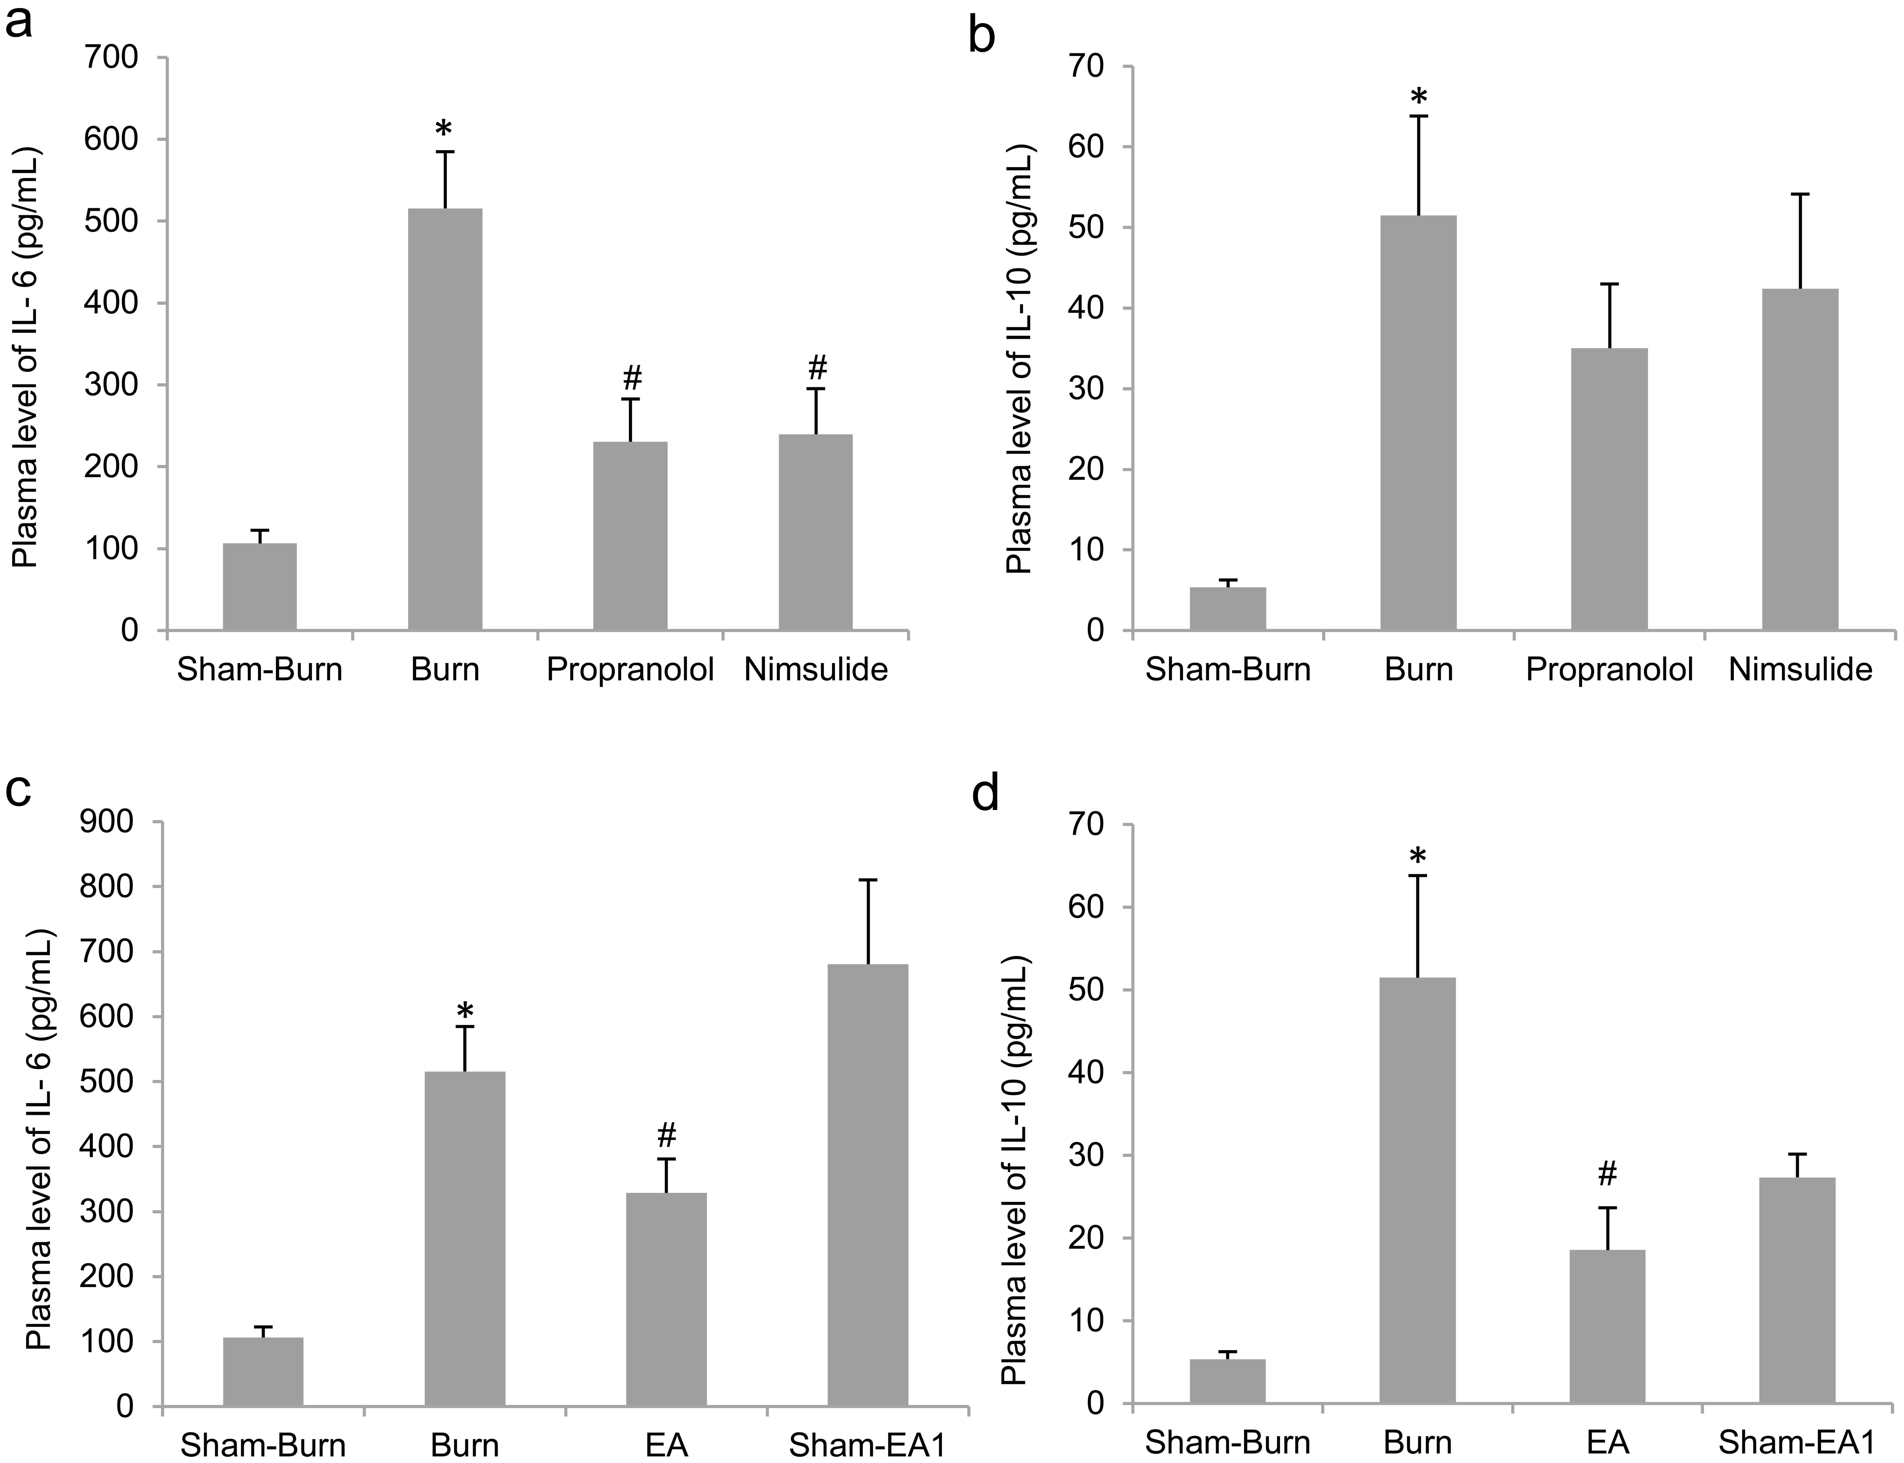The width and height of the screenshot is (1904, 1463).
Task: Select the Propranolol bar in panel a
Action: [x=630, y=536]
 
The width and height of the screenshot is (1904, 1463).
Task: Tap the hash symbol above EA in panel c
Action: [x=667, y=1135]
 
